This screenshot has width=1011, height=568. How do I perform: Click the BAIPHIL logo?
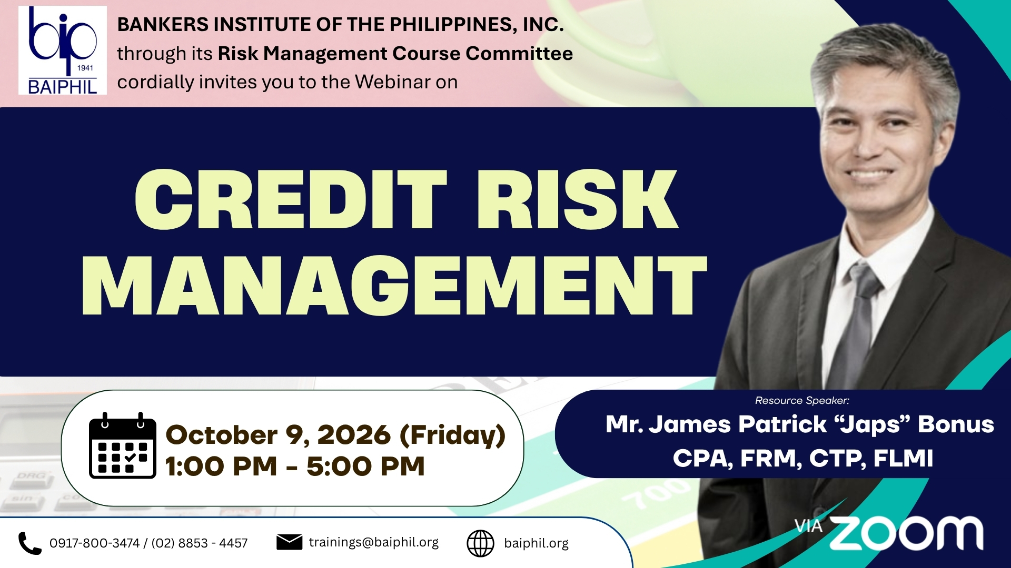63,50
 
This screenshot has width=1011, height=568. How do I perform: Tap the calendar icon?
123,445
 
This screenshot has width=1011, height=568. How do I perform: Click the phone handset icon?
30,543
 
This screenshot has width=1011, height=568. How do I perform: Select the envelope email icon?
289,542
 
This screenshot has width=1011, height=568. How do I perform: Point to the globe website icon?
480,543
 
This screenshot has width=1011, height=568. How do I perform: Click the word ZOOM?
906,533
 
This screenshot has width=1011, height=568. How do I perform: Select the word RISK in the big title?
578,200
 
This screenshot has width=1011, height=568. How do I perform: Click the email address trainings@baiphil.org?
374,542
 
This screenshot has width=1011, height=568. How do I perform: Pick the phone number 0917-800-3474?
95,543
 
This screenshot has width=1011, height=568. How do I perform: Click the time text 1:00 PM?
221,466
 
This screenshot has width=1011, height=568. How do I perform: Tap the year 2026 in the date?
354,435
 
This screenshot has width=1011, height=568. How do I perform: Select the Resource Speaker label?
802,401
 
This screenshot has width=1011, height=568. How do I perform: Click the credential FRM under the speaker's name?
771,458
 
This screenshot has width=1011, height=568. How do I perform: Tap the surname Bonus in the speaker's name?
956,424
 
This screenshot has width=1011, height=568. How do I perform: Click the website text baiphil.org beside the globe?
536,543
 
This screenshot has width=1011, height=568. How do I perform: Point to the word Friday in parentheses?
453,435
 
